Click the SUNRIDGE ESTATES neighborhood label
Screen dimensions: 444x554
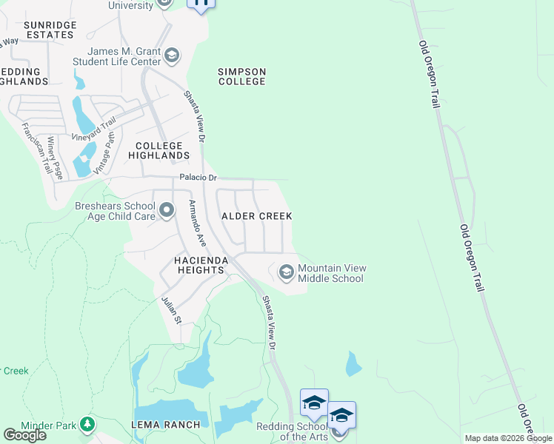click(x=50, y=30)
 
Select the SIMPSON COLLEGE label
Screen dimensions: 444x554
click(x=241, y=76)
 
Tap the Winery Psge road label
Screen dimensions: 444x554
click(x=56, y=158)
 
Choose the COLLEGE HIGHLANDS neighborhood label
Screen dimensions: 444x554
click(x=158, y=151)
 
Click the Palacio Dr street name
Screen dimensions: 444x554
click(x=198, y=178)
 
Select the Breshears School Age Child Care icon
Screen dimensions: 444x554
click(x=167, y=210)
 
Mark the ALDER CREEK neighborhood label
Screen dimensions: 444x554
click(x=257, y=216)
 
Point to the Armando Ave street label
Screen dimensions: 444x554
click(x=196, y=223)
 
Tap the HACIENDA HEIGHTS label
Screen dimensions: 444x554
click(x=188, y=266)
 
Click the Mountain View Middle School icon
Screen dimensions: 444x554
click(x=286, y=273)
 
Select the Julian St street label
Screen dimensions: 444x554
click(x=171, y=309)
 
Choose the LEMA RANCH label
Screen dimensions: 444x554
click(x=166, y=424)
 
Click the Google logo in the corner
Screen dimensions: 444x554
click(x=24, y=434)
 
